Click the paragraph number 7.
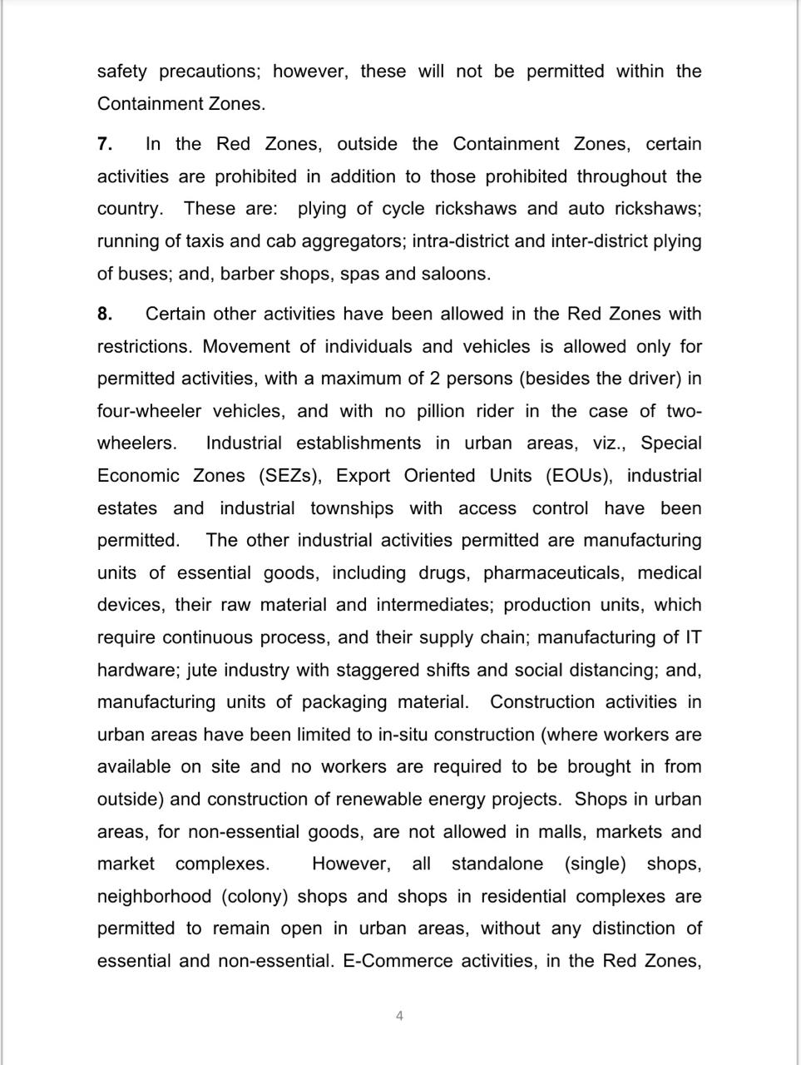click(x=105, y=144)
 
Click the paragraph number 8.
click(x=105, y=314)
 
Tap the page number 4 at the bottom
click(x=400, y=1015)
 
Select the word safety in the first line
click(x=121, y=72)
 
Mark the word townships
click(x=352, y=508)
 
